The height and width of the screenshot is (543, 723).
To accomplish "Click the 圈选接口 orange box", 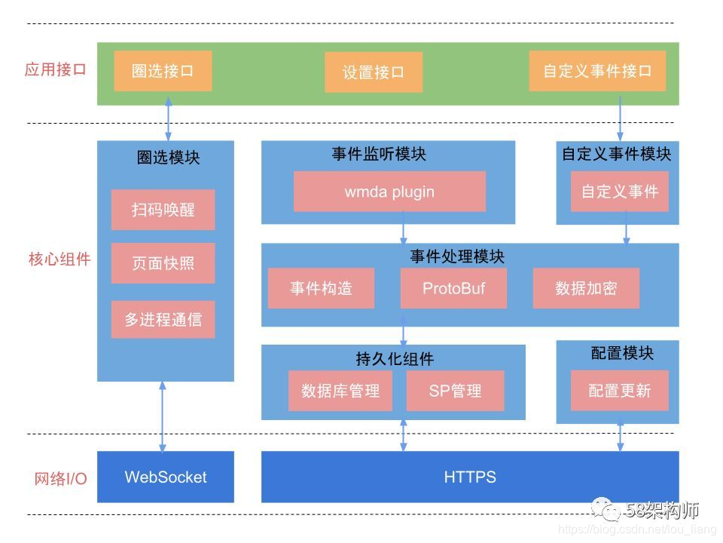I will tap(163, 71).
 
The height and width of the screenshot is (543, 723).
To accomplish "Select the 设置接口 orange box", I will tap(374, 72).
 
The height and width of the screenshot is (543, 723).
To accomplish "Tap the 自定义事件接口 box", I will tap(597, 71).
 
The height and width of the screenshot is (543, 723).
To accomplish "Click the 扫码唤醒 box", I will tap(163, 210).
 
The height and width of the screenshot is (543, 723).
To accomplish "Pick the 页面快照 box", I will tap(163, 263).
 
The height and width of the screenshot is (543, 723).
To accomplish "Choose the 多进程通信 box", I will tap(163, 319).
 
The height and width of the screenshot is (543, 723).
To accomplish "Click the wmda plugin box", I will tap(389, 192).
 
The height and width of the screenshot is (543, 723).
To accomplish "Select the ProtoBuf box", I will tap(453, 288).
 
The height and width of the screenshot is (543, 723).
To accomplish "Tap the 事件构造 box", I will tap(321, 288).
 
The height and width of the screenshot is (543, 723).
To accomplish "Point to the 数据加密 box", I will tap(586, 288).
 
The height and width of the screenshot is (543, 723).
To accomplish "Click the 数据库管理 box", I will tap(340, 391).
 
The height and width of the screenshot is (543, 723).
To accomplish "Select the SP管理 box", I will tap(455, 391).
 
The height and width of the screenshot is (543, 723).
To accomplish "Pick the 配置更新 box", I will tap(619, 391).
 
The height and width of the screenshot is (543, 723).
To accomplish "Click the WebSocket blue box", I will tap(166, 477).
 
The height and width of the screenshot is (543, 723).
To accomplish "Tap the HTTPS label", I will tap(470, 477).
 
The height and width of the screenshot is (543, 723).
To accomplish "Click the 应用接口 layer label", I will tap(56, 70).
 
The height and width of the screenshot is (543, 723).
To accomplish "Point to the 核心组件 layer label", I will tap(59, 259).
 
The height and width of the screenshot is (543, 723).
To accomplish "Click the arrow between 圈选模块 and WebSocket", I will tap(163, 416).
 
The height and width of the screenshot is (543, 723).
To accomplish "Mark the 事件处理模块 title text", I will tap(456, 256).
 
